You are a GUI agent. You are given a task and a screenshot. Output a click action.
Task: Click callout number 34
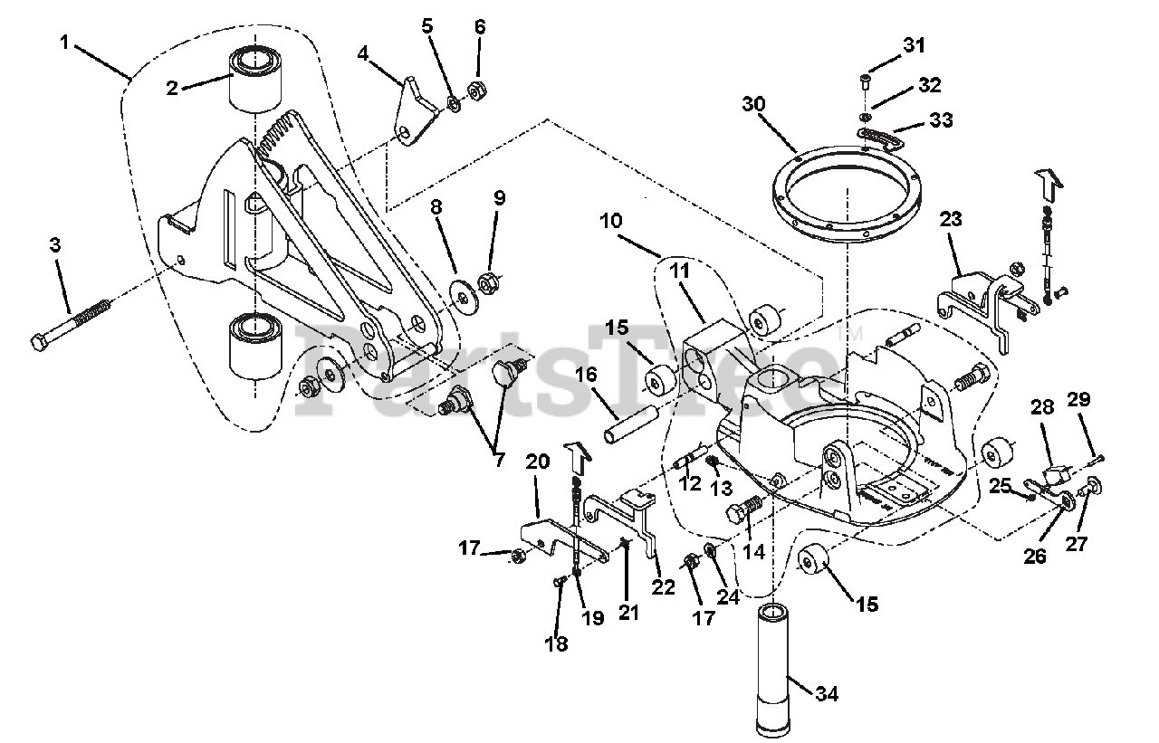827,693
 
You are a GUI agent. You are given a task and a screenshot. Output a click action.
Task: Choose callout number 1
64,43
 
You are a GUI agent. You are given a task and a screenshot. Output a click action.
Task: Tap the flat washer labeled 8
465,296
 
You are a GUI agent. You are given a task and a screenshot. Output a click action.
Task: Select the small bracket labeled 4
414,111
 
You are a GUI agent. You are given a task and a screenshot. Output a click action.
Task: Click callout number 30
753,104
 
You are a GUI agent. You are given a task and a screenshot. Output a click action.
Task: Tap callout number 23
951,219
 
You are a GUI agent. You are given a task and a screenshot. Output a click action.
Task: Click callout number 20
537,461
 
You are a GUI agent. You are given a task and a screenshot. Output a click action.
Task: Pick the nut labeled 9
487,283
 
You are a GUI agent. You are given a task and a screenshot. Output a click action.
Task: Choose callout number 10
610,222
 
